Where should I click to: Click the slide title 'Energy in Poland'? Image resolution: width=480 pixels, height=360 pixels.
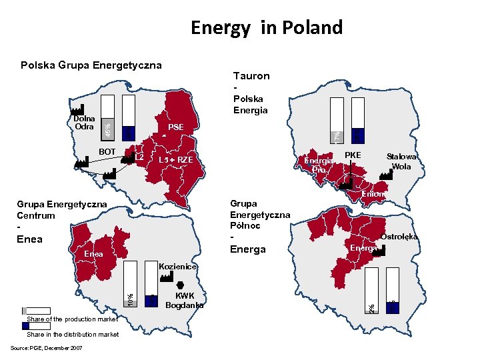pyautogui.click(x=266, y=27)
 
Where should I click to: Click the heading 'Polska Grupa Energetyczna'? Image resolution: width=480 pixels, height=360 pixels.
pyautogui.click(x=91, y=65)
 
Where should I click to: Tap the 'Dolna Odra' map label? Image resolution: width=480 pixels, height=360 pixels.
pyautogui.click(x=84, y=123)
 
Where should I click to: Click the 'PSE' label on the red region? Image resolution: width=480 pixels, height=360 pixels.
pyautogui.click(x=176, y=127)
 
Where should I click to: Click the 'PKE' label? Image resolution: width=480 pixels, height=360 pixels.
pyautogui.click(x=352, y=155)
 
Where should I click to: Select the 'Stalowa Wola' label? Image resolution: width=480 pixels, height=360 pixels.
pyautogui.click(x=401, y=162)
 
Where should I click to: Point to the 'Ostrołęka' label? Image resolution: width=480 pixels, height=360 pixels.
pyautogui.click(x=399, y=237)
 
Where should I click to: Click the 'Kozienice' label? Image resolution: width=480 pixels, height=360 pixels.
pyautogui.click(x=177, y=267)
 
